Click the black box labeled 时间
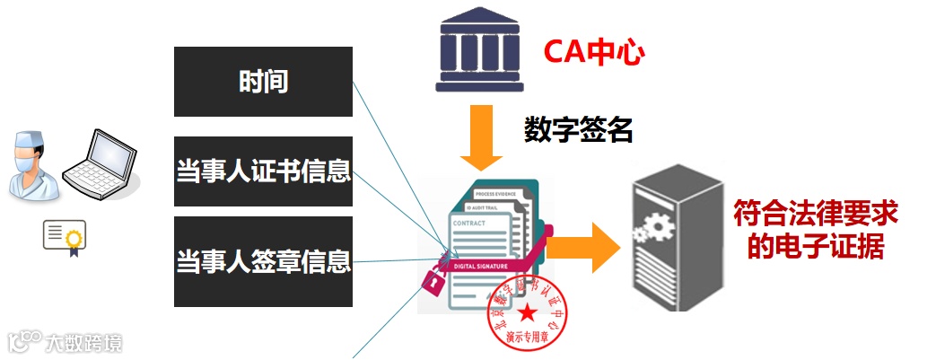263,82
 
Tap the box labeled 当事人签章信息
263,261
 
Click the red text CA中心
594,53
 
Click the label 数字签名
579,131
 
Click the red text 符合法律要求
816,214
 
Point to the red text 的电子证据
816,246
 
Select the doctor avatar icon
32,165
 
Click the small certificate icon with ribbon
64,236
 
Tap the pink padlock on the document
433,281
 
